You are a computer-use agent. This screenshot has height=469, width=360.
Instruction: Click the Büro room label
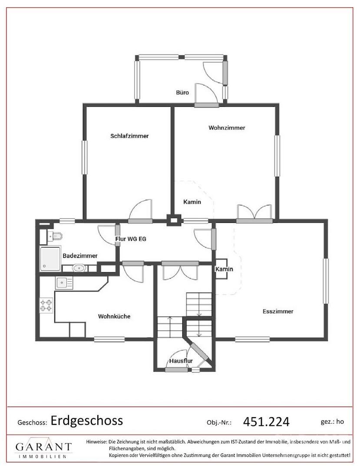pyautogui.click(x=182, y=93)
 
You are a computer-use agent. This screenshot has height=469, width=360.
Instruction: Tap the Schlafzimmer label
pyautogui.click(x=129, y=136)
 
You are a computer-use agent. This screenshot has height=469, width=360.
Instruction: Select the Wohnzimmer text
pyautogui.click(x=227, y=128)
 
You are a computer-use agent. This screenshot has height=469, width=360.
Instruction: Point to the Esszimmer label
pyautogui.click(x=278, y=311)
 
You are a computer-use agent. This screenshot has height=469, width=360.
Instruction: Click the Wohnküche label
pyautogui.click(x=114, y=317)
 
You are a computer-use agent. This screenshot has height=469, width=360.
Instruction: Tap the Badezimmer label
pyautogui.click(x=80, y=256)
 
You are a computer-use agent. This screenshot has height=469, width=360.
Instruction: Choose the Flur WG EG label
pyautogui.click(x=131, y=239)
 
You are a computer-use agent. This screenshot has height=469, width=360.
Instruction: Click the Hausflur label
pyautogui.click(x=181, y=361)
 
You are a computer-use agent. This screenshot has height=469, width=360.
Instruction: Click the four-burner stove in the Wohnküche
pyautogui.click(x=46, y=305)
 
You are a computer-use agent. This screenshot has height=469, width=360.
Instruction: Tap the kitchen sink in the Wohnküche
pyautogui.click(x=64, y=282)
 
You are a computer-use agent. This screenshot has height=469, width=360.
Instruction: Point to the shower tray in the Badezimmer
pyautogui.click(x=50, y=259)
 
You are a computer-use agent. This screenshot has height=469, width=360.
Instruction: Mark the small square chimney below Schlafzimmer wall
pyautogui.click(x=174, y=221)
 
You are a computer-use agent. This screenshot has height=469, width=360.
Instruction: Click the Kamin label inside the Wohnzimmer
pyautogui.click(x=192, y=202)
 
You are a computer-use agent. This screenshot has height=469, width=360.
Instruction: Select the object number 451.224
pyautogui.click(x=266, y=422)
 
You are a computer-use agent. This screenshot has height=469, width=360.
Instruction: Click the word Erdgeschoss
pyautogui.click(x=87, y=421)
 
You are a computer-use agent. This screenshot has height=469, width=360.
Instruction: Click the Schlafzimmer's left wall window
pyautogui.click(x=85, y=157)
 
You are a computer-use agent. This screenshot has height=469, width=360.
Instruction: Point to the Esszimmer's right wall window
pyautogui.click(x=326, y=281)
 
